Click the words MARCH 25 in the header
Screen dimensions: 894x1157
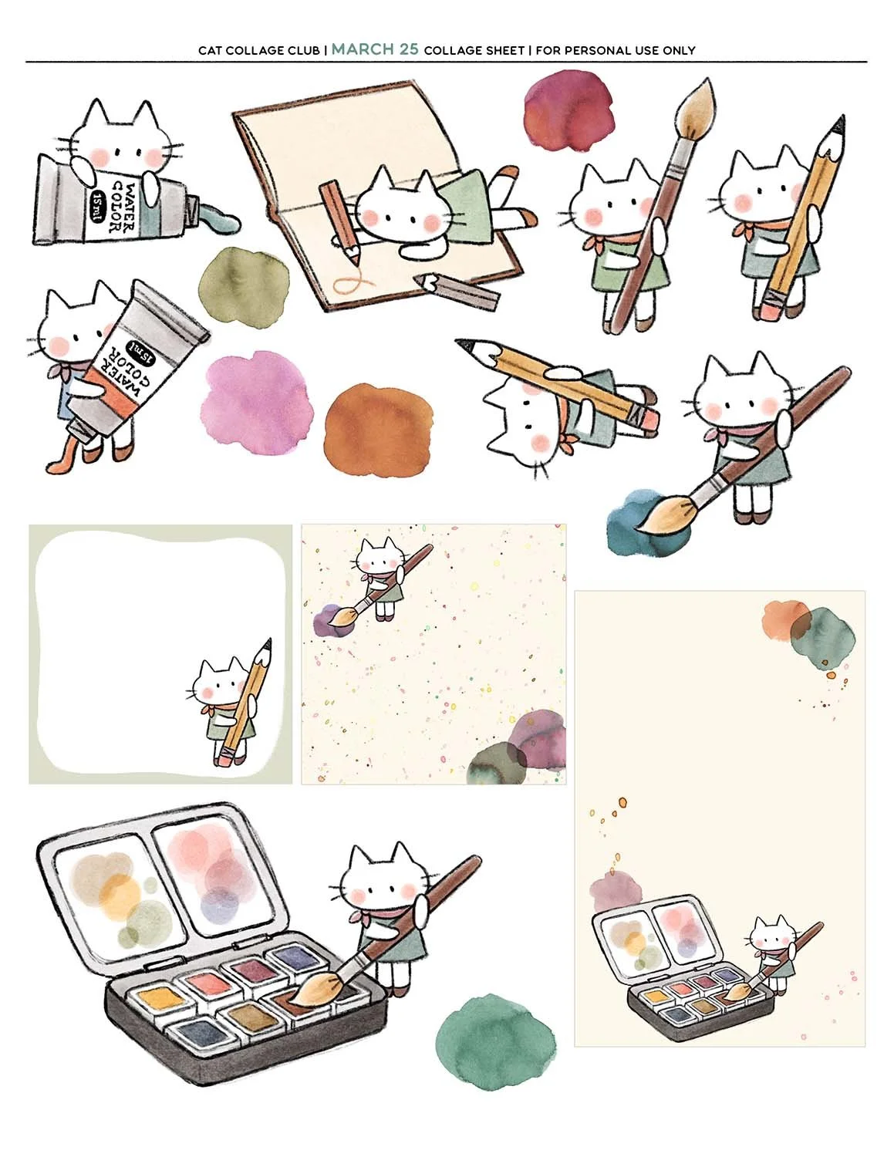point(375,49)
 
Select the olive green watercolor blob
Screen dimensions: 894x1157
point(245,286)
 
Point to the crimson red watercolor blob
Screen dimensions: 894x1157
point(568,112)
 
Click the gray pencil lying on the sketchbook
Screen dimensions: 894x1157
point(457,290)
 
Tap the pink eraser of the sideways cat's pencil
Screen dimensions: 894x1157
point(649,420)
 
